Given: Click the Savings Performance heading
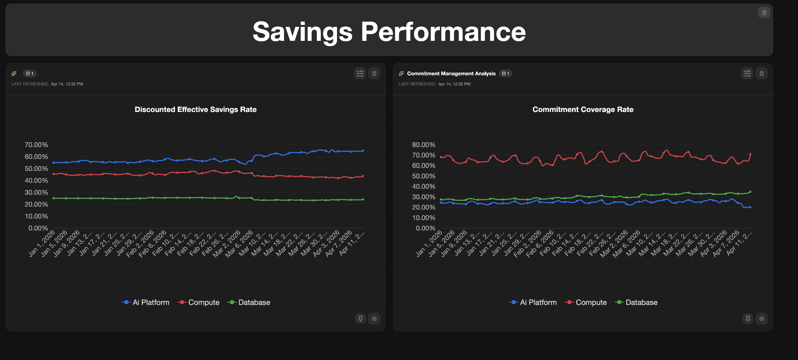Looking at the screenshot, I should tap(389, 32).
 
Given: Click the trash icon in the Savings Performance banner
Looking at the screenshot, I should tap(764, 13).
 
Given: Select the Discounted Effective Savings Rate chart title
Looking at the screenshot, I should tap(196, 110).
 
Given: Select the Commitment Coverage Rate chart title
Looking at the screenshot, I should tap(583, 110).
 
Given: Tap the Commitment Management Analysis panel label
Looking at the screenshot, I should tap(451, 74).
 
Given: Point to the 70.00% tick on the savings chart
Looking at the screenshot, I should tap(36, 145).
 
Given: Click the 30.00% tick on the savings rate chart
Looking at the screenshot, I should tap(36, 192).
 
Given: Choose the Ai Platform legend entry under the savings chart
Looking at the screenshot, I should tap(146, 303).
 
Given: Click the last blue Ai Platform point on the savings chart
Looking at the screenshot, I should tap(363, 151).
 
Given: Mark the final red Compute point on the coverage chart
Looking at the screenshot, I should tap(750, 154).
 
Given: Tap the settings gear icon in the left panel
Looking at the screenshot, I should tap(374, 319).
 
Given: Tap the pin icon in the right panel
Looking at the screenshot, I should tap(748, 319).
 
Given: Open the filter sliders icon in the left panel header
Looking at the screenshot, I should tap(360, 74).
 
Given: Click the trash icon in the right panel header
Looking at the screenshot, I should tap(762, 74).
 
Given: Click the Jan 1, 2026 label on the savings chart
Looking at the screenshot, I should tap(42, 244).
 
